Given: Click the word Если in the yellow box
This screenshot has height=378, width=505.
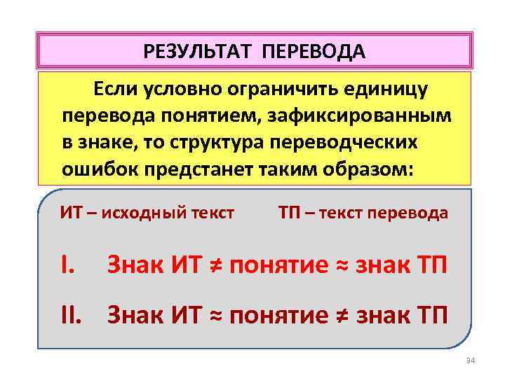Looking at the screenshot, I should (x=115, y=89).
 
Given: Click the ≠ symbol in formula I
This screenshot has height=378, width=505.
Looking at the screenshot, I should (x=215, y=267).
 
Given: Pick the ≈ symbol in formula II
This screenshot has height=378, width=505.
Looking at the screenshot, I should (x=215, y=316).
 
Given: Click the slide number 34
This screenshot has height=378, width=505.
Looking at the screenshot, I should (x=470, y=360).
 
